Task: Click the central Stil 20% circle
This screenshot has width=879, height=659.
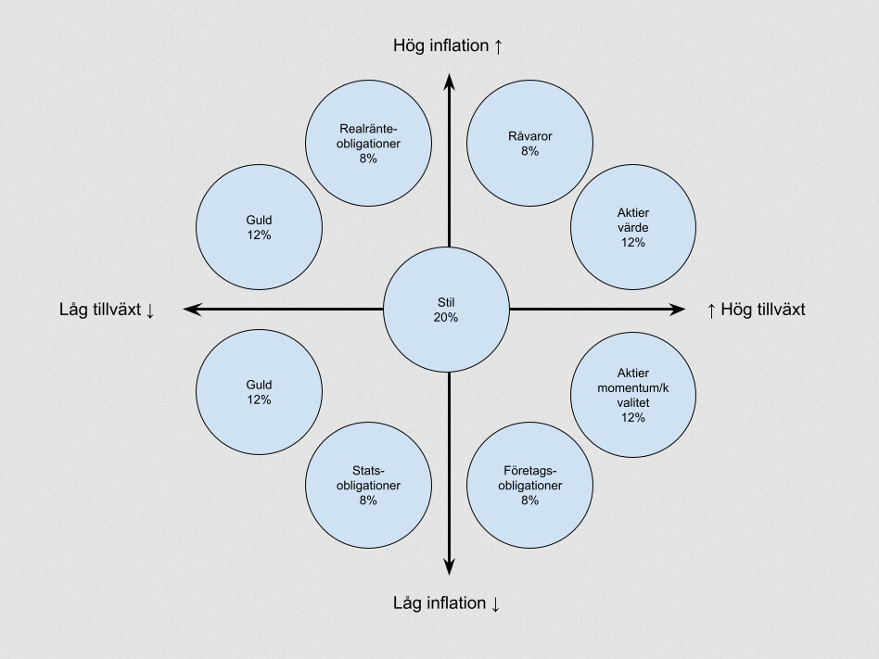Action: (x=446, y=310)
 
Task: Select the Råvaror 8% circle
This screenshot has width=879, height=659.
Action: (x=529, y=143)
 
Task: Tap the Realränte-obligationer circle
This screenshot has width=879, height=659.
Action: (x=368, y=143)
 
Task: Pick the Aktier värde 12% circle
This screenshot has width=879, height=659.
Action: (x=633, y=227)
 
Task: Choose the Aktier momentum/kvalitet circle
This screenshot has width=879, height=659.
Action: (x=633, y=395)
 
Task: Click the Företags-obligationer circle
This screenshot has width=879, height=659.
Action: (x=529, y=486)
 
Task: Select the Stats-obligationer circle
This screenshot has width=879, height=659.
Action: (x=368, y=486)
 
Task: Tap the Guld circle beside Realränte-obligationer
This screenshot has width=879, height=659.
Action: (x=259, y=227)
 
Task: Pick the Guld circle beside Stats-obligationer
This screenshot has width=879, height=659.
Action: (x=259, y=392)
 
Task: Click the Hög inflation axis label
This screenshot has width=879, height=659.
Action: (x=447, y=45)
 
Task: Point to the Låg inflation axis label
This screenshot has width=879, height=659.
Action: (x=446, y=603)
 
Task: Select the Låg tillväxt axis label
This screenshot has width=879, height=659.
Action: (x=107, y=310)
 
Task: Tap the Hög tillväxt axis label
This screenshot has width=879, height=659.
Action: (x=756, y=310)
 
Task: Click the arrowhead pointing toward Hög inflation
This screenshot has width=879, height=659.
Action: (x=449, y=82)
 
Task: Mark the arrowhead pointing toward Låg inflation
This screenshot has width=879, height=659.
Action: (x=449, y=567)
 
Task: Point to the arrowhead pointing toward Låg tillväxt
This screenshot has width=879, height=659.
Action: (x=192, y=309)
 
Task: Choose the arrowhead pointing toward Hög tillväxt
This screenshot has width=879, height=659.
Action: (x=677, y=309)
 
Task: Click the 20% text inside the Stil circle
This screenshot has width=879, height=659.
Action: (x=446, y=317)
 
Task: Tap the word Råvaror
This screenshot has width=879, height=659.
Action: (x=529, y=135)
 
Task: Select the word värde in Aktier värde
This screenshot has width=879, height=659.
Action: (x=633, y=227)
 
